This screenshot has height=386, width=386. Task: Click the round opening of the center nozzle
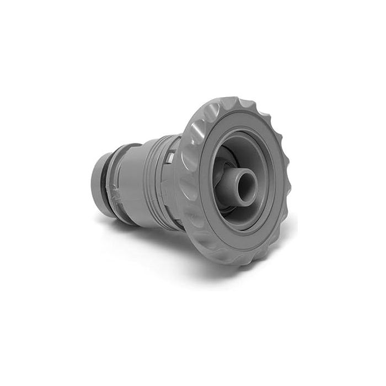tap(246, 180)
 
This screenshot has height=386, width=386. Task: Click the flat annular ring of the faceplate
tap(204, 221)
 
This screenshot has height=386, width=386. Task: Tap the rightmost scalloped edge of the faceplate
tap(287, 182)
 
